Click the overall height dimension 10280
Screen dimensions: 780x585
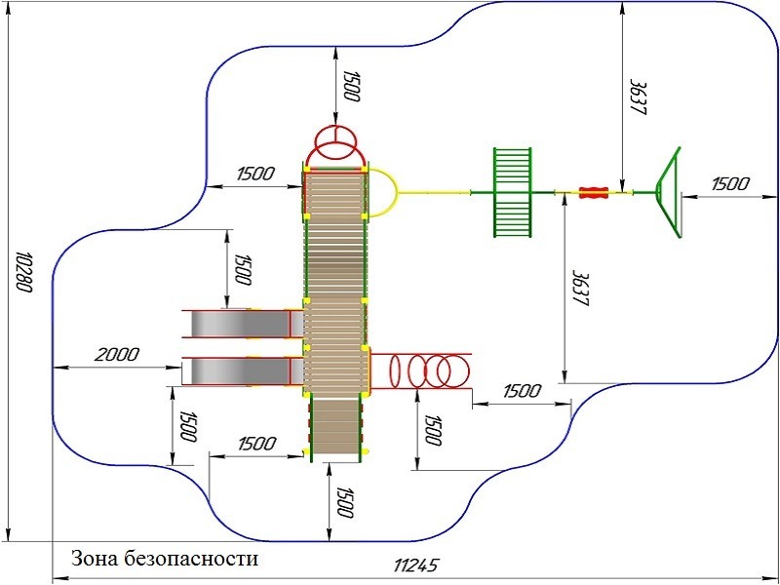(x=23, y=272)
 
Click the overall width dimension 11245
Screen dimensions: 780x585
(x=416, y=565)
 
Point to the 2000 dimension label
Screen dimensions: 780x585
(x=117, y=355)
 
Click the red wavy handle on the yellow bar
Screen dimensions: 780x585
(x=594, y=192)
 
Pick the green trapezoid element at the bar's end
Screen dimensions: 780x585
(x=668, y=192)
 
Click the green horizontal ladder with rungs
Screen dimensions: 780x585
(x=513, y=192)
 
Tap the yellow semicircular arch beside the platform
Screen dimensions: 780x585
(x=383, y=192)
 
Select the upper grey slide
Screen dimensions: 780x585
(x=243, y=324)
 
